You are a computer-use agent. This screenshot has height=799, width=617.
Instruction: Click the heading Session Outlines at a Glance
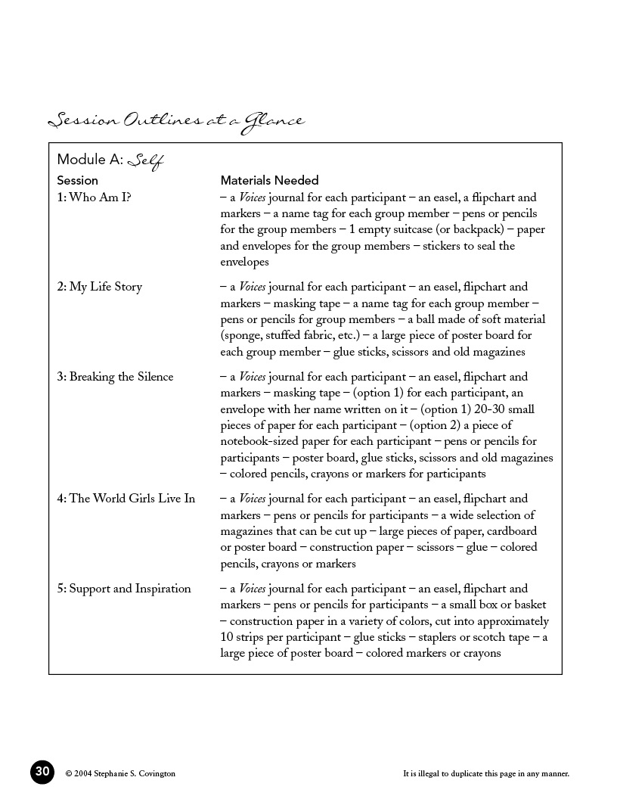pos(175,121)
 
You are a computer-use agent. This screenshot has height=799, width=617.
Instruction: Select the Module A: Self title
pos(110,160)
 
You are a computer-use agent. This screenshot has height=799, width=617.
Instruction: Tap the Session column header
pos(77,180)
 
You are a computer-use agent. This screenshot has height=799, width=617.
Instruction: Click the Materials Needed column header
pos(269,180)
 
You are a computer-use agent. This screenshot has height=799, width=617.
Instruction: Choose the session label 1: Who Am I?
pos(93,197)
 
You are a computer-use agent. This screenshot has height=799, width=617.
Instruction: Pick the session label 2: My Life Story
pos(99,287)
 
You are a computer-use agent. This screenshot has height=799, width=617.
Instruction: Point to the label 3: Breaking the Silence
pos(115,377)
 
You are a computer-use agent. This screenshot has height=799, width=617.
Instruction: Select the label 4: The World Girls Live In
pos(126,499)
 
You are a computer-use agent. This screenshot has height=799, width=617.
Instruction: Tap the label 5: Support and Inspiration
pos(124,589)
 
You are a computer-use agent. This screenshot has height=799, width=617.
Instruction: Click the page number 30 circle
pos(42,772)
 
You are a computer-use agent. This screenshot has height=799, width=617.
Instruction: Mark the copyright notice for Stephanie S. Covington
pos(120,773)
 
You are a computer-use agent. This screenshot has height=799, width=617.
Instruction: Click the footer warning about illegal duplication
pos(486,773)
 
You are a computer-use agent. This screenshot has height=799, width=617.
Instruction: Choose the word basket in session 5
pos(528,605)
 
